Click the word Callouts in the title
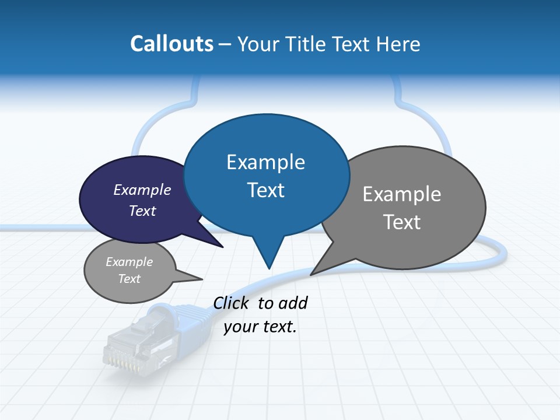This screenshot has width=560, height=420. tap(171, 44)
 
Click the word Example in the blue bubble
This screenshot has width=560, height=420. tap(265, 162)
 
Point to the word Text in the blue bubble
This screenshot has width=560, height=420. tap(265, 190)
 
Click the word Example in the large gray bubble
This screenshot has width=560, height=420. tap(402, 194)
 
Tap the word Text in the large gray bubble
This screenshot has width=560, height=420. tap(402, 222)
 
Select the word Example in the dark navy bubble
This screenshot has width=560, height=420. tap(142, 190)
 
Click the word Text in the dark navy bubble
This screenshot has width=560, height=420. tap(142, 211)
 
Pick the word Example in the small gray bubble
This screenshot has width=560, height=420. tap(129, 262)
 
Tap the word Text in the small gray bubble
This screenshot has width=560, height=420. tap(129, 279)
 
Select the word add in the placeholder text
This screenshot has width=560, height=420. tap(293, 303)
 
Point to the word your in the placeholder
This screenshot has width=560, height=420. tap(239, 327)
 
